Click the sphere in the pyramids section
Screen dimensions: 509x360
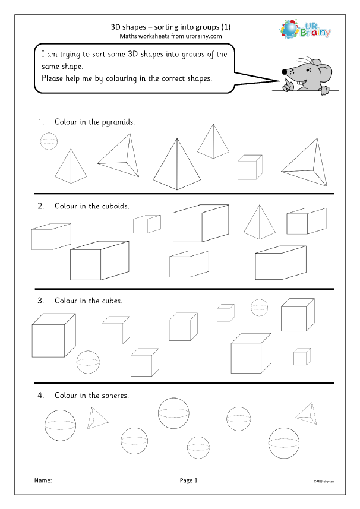[x=49, y=141]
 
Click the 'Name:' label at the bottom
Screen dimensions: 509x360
[x=43, y=480]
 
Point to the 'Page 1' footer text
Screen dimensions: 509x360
[x=188, y=480]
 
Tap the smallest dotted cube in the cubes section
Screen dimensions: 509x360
[x=302, y=357]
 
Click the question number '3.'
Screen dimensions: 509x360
[x=42, y=301]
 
